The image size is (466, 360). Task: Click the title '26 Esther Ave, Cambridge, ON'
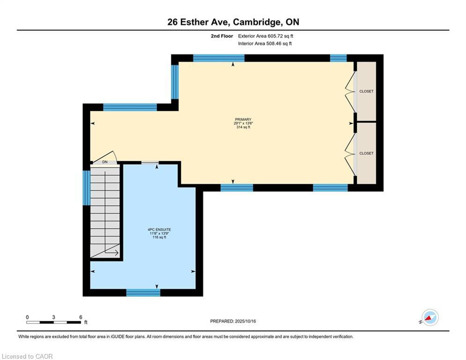233,22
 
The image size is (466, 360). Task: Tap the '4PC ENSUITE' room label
156,230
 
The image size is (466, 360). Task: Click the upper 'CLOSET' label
366,91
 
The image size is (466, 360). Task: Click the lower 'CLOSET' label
366,153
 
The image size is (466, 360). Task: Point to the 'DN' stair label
105,162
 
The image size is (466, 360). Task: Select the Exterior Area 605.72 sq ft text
266,36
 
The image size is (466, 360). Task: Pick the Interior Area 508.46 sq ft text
265,44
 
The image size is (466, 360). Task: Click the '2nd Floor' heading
222,36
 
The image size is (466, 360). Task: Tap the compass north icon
429,317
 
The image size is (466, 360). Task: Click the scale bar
53,322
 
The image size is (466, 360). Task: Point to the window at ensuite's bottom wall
143,292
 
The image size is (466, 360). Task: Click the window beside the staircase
87,188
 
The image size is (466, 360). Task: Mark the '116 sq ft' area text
156,237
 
